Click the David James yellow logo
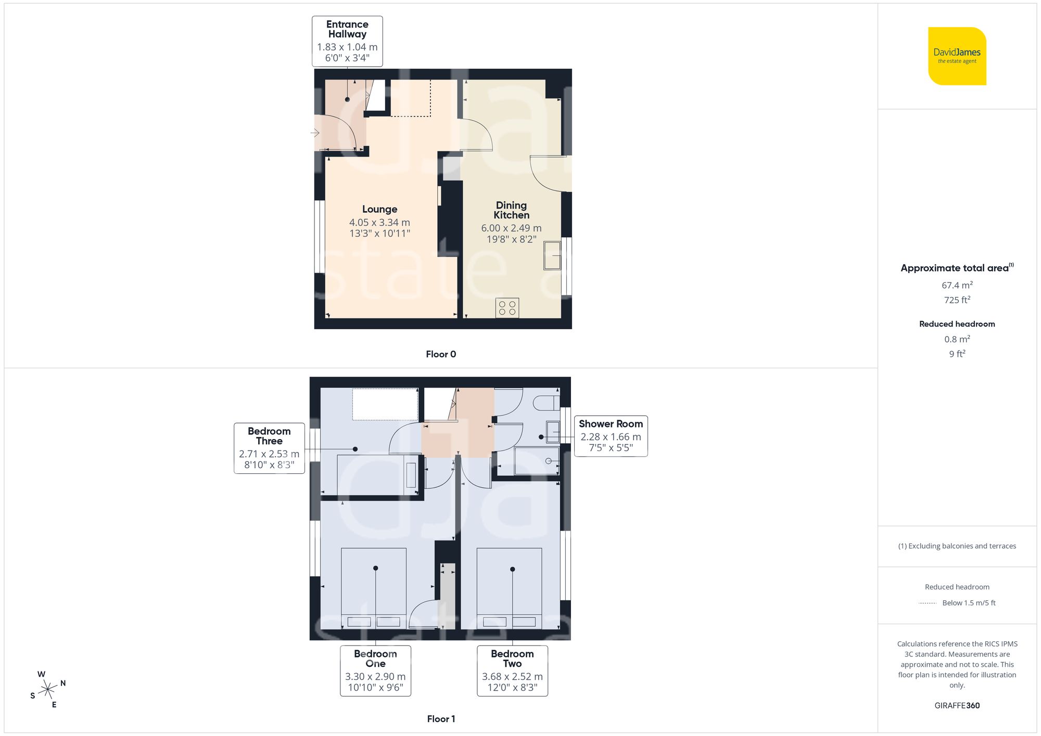point(957,56)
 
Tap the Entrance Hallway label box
point(347,41)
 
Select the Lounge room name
point(379,209)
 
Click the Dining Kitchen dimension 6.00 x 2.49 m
point(511,228)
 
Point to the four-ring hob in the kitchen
point(507,308)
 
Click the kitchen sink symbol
point(552,255)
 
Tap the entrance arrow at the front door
point(315,133)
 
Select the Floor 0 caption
point(440,354)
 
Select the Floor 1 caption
point(440,719)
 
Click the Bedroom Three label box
point(269,448)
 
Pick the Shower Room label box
point(611,436)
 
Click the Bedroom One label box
point(375,670)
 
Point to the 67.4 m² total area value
point(957,285)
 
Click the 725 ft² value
point(957,300)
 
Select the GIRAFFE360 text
point(957,705)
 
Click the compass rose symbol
point(48,690)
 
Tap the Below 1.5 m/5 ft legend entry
point(968,603)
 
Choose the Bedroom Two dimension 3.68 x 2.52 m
point(512,677)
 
